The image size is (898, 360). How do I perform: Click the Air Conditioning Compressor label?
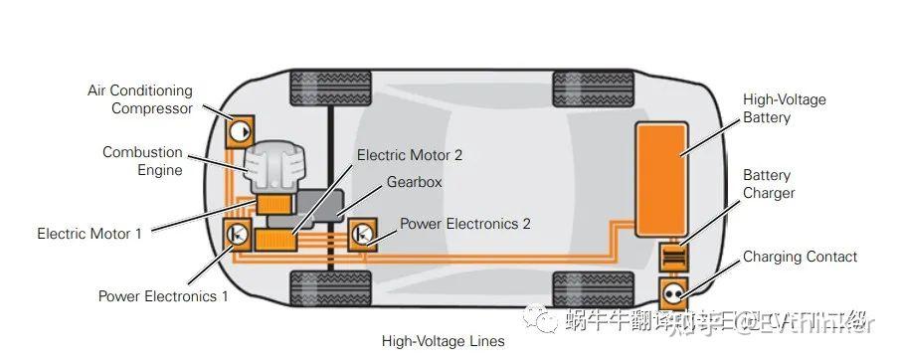coord(138,99)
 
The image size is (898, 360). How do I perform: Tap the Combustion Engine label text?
coord(142,161)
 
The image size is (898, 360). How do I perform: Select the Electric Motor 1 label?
coord(90,234)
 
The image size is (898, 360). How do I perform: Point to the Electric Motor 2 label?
coord(409,155)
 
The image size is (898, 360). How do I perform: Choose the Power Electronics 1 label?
coord(163,296)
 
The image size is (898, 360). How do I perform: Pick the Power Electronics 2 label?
coord(464,224)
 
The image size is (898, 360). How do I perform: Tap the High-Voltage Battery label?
coord(784,108)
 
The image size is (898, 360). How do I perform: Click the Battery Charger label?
coord(769,184)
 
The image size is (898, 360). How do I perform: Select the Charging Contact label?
coord(800,257)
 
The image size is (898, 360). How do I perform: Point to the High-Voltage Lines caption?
coord(443,341)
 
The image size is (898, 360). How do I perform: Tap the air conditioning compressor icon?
coord(240,131)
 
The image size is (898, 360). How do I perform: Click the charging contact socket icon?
coord(674,293)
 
